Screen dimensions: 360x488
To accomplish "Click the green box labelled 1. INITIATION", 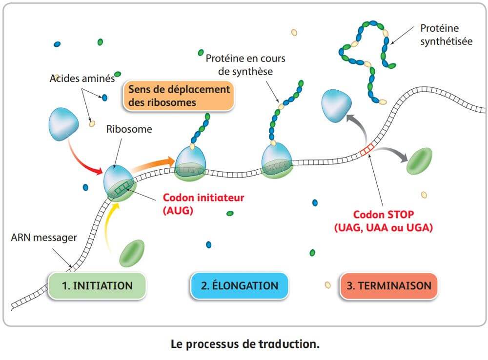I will (97, 285).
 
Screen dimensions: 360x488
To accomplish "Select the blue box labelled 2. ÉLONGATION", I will (239, 285).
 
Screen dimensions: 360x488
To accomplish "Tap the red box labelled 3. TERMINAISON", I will (388, 285).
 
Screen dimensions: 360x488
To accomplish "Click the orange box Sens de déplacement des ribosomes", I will (179, 96).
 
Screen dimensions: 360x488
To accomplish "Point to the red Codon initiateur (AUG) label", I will (203, 203).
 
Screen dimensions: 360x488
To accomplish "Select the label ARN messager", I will (44, 238).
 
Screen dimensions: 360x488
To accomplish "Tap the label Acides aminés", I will (82, 78).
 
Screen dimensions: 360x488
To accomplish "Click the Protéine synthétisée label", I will (446, 35).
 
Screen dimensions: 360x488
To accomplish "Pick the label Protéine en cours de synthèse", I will (245, 65).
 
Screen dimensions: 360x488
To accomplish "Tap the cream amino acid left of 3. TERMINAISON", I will (327, 285).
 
